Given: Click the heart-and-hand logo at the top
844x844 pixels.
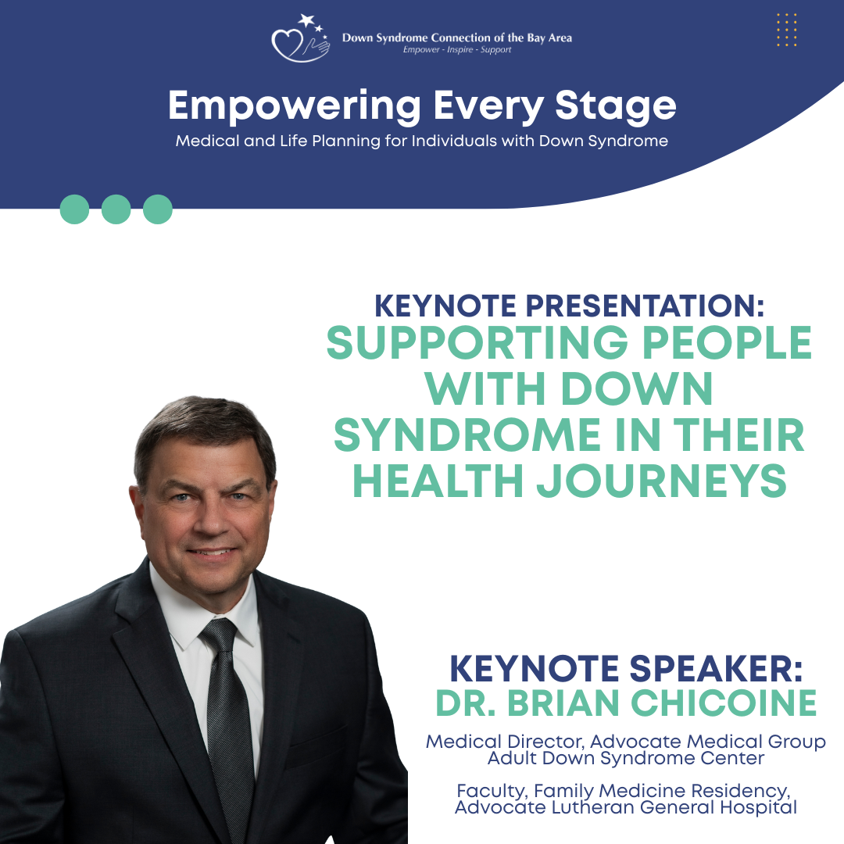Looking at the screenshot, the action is click(300, 38).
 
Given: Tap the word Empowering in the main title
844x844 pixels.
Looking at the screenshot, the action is click(295, 106).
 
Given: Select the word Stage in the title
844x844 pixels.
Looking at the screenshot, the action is click(615, 106).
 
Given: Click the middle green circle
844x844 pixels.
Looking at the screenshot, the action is click(116, 209).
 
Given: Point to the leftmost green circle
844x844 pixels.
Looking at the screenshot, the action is click(74, 209).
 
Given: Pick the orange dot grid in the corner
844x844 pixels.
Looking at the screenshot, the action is click(786, 30).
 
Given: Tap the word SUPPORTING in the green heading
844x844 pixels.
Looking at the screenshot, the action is click(477, 343).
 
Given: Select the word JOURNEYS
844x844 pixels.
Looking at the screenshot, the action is click(662, 481).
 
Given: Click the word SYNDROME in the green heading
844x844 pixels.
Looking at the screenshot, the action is click(467, 435).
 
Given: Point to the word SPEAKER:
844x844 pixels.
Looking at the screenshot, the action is click(716, 668).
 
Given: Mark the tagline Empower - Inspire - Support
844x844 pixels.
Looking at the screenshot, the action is click(457, 49).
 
